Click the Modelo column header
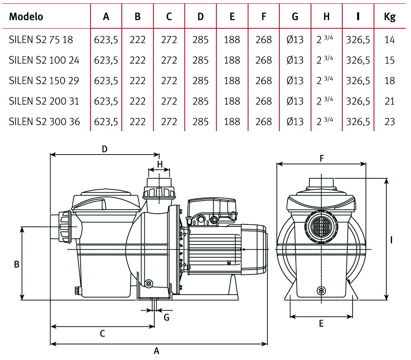point(26,17)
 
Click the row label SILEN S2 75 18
point(41,40)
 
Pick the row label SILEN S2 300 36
point(44,122)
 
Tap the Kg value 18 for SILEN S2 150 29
point(390,81)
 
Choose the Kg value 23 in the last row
point(390,122)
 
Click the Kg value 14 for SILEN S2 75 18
point(390,40)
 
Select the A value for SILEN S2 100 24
point(106,60)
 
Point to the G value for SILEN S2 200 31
point(295,101)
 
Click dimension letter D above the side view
point(104,149)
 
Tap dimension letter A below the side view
point(156,351)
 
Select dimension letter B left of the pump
point(16,265)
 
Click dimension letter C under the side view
point(102,334)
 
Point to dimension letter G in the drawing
point(167,317)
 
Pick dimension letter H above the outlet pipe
point(160,164)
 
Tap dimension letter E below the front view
point(321,324)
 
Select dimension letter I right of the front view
point(391,240)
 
